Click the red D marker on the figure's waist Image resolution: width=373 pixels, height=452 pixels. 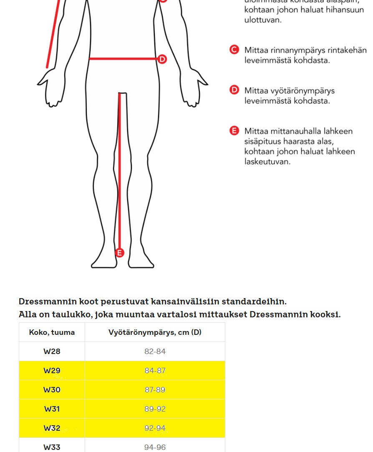click(x=162, y=59)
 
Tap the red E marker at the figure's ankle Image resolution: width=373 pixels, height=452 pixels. click(x=120, y=253)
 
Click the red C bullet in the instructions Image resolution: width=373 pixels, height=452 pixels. click(x=234, y=50)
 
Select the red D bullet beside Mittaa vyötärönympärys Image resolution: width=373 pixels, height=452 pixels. click(x=234, y=90)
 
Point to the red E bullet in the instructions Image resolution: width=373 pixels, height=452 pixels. click(x=234, y=131)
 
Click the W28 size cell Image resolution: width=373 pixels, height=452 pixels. click(x=52, y=352)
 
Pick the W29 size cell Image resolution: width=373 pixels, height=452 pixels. click(x=52, y=371)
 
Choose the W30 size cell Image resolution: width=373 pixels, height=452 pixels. click(x=52, y=390)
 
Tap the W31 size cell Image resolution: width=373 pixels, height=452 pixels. click(x=52, y=409)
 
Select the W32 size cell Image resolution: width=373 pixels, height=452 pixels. click(x=52, y=428)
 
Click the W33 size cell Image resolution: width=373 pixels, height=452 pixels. click(x=52, y=447)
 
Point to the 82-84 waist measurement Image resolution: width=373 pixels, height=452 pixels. click(x=155, y=352)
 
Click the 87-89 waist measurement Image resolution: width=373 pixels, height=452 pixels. click(x=155, y=390)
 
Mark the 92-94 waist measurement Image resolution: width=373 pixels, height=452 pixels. click(x=155, y=428)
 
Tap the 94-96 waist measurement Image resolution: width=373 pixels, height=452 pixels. click(x=155, y=447)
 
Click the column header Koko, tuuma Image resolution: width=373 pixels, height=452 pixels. click(x=52, y=332)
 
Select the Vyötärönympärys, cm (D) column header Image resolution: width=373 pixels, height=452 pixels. click(x=155, y=332)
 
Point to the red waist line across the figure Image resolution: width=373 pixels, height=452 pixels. click(x=123, y=59)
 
